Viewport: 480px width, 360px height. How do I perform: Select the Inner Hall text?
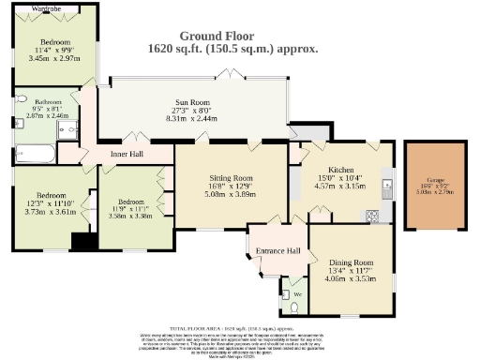pos(125,153)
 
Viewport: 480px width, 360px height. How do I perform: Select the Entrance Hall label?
pos(280,251)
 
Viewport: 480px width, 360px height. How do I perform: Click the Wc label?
pos(298,293)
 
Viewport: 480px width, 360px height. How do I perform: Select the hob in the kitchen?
pos(373,216)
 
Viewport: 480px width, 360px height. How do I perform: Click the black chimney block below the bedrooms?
pos(83,241)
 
